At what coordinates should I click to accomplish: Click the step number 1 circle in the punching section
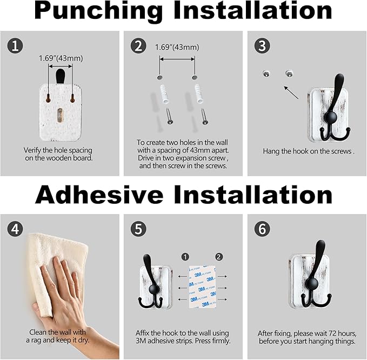[15, 45]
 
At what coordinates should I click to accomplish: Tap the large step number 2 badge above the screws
[138, 45]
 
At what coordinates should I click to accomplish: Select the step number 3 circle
[262, 45]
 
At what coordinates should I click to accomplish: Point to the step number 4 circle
[15, 229]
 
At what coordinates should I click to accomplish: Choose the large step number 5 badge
[138, 229]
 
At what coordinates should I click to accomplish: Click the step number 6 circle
[262, 229]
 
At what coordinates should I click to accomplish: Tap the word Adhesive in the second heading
[99, 195]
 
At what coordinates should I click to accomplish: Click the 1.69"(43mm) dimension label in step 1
[61, 58]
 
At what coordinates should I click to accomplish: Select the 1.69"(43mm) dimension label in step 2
[177, 47]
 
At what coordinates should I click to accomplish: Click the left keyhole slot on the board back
[49, 99]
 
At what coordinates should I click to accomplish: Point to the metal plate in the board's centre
[61, 115]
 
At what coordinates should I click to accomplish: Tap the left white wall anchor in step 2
[164, 94]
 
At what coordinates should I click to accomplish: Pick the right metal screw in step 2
[204, 116]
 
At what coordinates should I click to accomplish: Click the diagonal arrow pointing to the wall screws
[291, 92]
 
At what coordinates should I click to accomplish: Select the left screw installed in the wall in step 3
[266, 74]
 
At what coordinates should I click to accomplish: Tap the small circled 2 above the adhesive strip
[218, 257]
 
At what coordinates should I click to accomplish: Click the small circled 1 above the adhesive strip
[185, 257]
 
